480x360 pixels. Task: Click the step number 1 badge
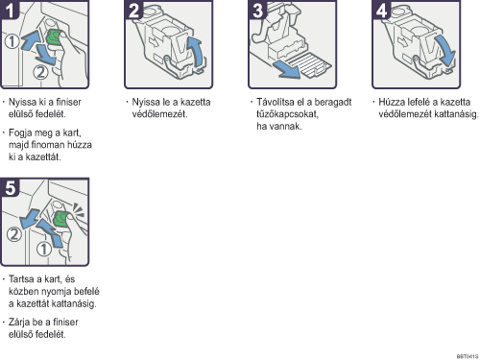[10, 10]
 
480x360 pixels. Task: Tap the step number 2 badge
[133, 10]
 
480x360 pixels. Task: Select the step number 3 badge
[257, 10]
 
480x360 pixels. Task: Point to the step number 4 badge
[381, 10]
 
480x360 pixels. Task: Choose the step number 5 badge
[10, 187]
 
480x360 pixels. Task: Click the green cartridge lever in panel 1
[54, 37]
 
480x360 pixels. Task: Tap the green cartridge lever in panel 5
[60, 219]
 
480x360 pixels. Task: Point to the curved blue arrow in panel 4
[445, 50]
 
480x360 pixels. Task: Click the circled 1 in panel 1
[12, 41]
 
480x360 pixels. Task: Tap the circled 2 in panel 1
[40, 72]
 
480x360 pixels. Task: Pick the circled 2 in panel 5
[14, 234]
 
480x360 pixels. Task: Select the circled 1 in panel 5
[44, 249]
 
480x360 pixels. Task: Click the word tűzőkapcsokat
[287, 114]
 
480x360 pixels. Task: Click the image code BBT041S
[468, 356]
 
